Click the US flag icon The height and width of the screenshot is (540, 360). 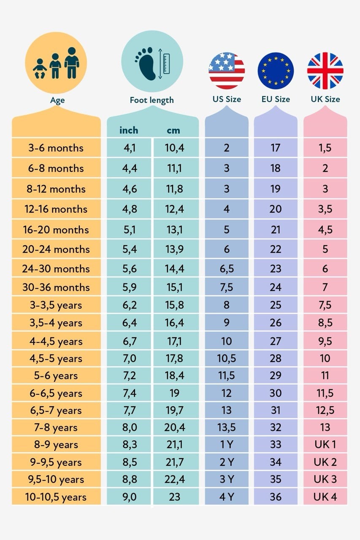pyautogui.click(x=227, y=70)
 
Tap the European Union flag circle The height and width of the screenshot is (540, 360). pyautogui.click(x=276, y=70)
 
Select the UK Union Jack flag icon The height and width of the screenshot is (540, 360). pyautogui.click(x=325, y=70)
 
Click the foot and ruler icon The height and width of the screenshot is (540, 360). pyautogui.click(x=152, y=61)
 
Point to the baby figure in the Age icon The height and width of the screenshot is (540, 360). pyautogui.click(x=40, y=68)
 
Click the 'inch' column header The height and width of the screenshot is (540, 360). pyautogui.click(x=129, y=130)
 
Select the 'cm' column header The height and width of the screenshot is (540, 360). pyautogui.click(x=173, y=131)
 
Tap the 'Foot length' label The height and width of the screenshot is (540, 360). pyautogui.click(x=152, y=100)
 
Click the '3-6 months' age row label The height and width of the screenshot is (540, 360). pyautogui.click(x=56, y=148)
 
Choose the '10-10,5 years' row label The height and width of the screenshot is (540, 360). pyautogui.click(x=56, y=497)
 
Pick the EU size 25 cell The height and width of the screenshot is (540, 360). pyautogui.click(x=276, y=305)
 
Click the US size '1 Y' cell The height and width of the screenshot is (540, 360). pyautogui.click(x=227, y=444)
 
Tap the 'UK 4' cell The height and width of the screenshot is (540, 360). pyautogui.click(x=325, y=497)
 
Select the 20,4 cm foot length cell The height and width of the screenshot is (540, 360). pyautogui.click(x=175, y=427)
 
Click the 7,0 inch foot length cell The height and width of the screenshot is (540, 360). pyautogui.click(x=130, y=358)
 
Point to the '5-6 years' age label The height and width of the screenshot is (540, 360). pyautogui.click(x=56, y=375)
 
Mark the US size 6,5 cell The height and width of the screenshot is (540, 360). pyautogui.click(x=227, y=269)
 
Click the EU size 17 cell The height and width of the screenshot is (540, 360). pyautogui.click(x=276, y=148)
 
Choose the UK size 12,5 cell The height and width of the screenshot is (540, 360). pyautogui.click(x=325, y=410)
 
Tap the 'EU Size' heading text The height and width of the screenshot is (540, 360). pyautogui.click(x=276, y=99)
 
